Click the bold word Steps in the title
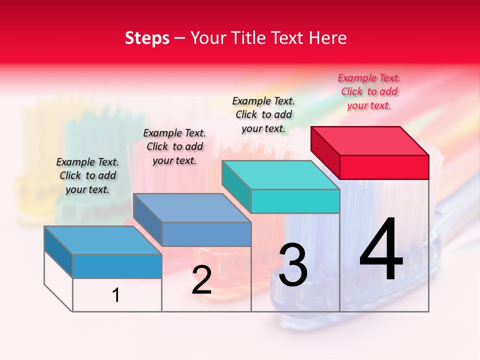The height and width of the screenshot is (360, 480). tap(147, 38)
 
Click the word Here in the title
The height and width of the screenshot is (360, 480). tap(328, 38)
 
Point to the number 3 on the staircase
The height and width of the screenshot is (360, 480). tap(293, 266)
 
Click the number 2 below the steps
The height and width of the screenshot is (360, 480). tap(201, 280)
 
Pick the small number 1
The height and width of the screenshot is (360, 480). tap(116, 295)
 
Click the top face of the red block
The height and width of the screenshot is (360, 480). tap(370, 140)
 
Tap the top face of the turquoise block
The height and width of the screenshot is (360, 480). tap(280, 175)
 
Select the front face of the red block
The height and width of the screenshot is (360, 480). tap(384, 167)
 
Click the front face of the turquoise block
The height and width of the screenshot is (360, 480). tap(295, 201)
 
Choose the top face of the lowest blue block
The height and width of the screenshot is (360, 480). tap(102, 240)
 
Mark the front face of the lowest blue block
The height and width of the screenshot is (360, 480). tap(117, 266)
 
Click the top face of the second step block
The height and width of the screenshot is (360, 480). tap(192, 207)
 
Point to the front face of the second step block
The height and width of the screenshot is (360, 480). tap(206, 234)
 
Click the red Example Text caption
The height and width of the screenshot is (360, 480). tap(369, 92)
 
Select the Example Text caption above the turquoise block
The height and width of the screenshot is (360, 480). tap(263, 114)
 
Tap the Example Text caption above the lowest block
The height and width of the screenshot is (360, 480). tap(87, 175)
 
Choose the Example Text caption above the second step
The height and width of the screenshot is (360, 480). tap(174, 146)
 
